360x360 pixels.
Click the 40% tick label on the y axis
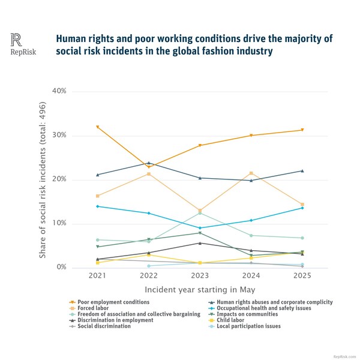click(x=59, y=91)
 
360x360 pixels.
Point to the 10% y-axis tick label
click(x=59, y=224)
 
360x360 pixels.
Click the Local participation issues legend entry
click(x=246, y=326)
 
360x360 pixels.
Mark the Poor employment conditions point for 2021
click(x=97, y=127)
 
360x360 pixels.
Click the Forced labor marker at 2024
click(x=251, y=173)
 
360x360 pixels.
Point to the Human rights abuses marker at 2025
click(x=302, y=171)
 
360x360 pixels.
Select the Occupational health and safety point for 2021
click(x=97, y=206)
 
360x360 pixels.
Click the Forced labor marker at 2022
click(x=149, y=174)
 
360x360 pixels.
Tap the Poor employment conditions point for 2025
click(x=302, y=130)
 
